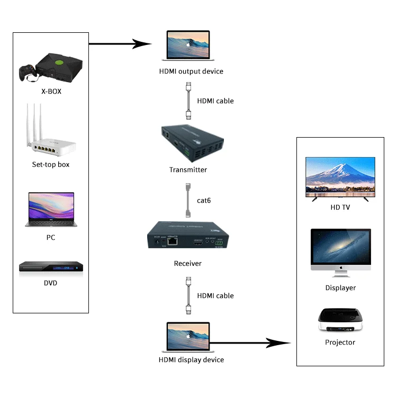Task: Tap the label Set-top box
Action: click(x=51, y=165)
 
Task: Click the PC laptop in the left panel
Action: click(x=50, y=210)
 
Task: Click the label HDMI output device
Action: click(x=191, y=71)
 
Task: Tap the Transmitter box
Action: click(x=192, y=142)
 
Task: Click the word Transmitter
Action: click(x=188, y=170)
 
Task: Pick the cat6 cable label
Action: click(x=204, y=200)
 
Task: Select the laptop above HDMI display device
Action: click(x=188, y=337)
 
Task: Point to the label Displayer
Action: click(x=340, y=288)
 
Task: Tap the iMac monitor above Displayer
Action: click(x=340, y=252)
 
